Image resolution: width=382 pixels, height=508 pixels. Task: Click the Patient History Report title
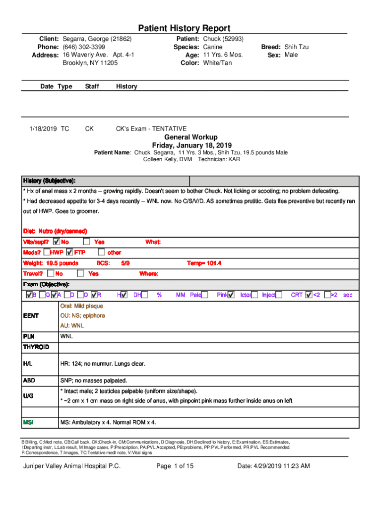click(184, 28)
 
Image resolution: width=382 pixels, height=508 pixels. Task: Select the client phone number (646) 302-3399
click(84, 47)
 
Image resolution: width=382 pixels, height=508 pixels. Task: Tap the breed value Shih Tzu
click(297, 47)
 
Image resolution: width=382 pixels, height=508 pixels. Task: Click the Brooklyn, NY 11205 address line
click(90, 63)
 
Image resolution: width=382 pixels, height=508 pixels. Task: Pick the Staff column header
click(92, 86)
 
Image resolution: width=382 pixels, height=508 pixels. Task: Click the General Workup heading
click(191, 137)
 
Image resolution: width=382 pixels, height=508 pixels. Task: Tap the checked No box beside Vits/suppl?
click(56, 242)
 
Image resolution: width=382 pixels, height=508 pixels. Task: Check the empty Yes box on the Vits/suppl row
click(86, 242)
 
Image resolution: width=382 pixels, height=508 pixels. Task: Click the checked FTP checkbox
click(69, 253)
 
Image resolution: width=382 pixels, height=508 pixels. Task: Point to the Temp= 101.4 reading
click(204, 263)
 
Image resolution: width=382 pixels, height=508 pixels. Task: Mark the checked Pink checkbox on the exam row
click(231, 295)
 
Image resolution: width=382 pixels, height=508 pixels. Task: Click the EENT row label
click(31, 316)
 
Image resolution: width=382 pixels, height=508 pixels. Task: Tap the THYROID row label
click(36, 347)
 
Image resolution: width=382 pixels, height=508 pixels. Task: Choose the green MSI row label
click(29, 422)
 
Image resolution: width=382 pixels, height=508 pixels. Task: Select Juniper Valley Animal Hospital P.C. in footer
click(72, 466)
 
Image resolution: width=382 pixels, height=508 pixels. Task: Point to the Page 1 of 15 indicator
click(175, 466)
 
